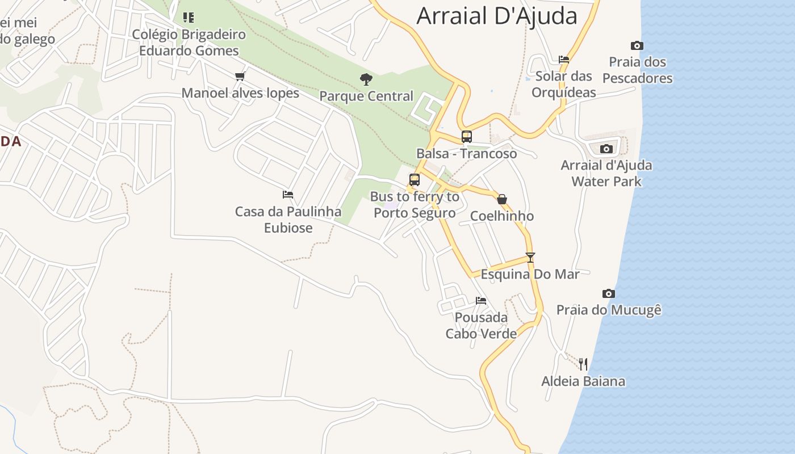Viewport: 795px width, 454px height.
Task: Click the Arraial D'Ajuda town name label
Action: click(497, 16)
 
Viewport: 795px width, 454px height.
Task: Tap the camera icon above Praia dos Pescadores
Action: click(637, 45)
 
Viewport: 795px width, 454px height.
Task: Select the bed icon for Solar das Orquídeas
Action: click(564, 59)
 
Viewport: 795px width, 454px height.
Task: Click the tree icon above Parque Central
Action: click(366, 79)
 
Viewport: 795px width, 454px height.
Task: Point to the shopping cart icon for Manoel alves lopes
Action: click(240, 76)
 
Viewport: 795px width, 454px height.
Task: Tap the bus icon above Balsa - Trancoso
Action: click(467, 136)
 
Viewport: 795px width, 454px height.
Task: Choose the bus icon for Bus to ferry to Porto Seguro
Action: click(415, 180)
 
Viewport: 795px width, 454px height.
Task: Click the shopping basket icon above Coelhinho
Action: click(502, 199)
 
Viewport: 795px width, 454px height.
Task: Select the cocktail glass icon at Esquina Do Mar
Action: click(530, 257)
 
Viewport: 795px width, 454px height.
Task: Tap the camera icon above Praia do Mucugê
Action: click(609, 293)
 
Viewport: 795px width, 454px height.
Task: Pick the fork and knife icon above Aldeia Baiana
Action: click(583, 364)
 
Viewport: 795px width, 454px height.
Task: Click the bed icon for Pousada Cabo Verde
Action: click(481, 300)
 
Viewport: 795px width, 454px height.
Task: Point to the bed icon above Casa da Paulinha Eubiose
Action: click(288, 195)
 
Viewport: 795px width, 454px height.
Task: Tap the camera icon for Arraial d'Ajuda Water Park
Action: click(606, 149)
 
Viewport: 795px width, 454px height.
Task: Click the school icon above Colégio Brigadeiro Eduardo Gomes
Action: click(189, 18)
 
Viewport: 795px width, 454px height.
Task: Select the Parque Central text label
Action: click(366, 96)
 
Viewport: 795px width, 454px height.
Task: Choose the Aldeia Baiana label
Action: click(583, 381)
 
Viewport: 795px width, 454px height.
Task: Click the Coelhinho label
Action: click(502, 216)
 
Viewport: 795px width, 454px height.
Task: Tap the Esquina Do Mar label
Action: click(530, 274)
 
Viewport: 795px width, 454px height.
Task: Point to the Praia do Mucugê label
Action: click(609, 310)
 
